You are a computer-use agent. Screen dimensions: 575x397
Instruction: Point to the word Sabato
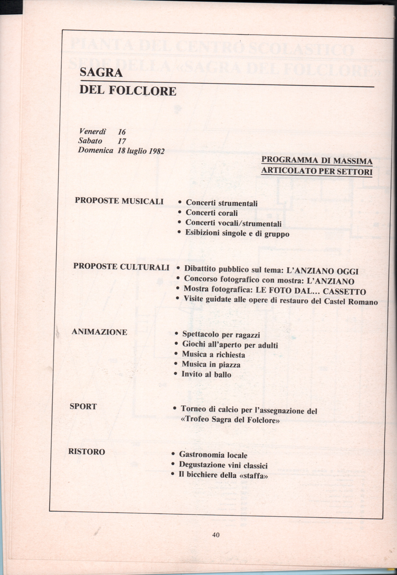tap(90, 141)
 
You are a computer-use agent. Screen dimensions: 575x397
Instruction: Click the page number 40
tap(215, 535)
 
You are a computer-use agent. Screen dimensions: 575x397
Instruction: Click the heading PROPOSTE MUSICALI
tap(119, 201)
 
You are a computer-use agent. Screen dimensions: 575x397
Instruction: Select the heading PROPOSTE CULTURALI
tap(121, 267)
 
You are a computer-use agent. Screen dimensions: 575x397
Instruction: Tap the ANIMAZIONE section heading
tap(99, 332)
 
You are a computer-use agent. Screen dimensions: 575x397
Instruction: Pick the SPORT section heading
tap(83, 406)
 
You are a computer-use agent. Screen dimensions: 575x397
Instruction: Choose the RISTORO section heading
tap(87, 452)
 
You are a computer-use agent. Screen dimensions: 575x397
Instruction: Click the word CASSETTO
tap(345, 292)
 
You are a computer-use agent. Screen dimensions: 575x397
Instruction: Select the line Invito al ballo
tap(206, 374)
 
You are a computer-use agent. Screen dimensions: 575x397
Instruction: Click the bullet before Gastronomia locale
tap(174, 455)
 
